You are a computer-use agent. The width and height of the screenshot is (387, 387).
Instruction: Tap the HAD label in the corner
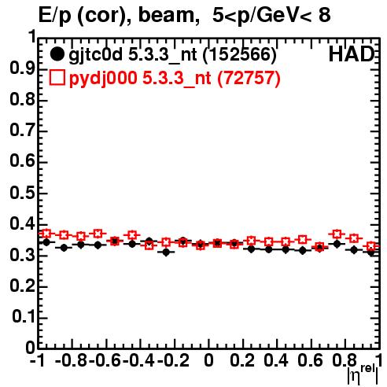pyautogui.click(x=352, y=54)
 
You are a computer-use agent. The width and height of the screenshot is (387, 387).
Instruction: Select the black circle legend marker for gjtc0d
pyautogui.click(x=57, y=54)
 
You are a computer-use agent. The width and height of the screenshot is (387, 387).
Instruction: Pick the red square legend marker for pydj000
pyautogui.click(x=57, y=78)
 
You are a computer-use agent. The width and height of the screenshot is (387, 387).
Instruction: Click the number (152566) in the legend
pyautogui.click(x=240, y=54)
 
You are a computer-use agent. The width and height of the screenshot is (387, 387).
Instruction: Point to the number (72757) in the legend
pyautogui.click(x=249, y=78)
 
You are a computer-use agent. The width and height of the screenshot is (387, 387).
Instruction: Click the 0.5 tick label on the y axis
pyautogui.click(x=22, y=193)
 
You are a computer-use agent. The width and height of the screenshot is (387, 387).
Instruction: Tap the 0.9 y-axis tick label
pyautogui.click(x=22, y=69)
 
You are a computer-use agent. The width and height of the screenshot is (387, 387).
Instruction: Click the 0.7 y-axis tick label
pyautogui.click(x=22, y=131)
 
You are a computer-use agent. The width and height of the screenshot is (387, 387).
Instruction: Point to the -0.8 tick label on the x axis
pyautogui.click(x=71, y=360)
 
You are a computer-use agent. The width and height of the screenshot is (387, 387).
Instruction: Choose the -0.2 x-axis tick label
pyautogui.click(x=173, y=360)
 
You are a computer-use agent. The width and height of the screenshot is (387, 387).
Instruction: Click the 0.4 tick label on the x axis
pyautogui.click(x=276, y=360)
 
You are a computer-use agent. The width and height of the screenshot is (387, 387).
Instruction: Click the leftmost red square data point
pyautogui.click(x=46, y=233)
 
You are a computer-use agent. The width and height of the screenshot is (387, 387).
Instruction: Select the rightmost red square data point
pyautogui.click(x=371, y=246)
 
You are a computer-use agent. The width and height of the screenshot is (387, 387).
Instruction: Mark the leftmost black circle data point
pyautogui.click(x=46, y=242)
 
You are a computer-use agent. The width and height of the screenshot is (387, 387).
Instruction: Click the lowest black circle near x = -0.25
pyautogui.click(x=166, y=252)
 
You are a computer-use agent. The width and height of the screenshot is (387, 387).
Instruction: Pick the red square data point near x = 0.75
pyautogui.click(x=337, y=234)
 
